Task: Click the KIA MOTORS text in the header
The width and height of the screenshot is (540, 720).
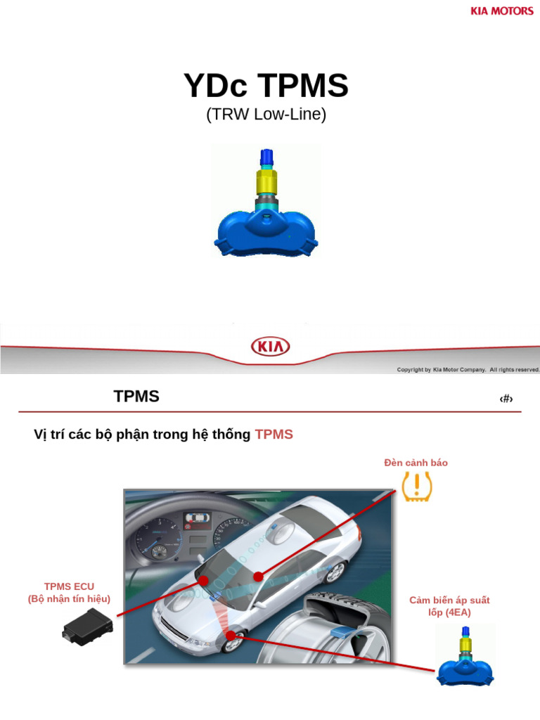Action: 501,11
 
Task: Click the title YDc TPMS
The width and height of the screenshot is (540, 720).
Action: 266,86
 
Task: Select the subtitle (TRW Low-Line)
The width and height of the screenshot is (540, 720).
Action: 266,115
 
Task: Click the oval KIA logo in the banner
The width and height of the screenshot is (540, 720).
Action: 270,347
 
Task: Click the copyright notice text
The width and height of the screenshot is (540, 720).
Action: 468,369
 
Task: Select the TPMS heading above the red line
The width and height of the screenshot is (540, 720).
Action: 136,397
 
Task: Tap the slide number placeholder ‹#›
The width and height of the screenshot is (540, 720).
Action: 506,399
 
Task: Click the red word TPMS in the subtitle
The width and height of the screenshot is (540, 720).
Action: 274,435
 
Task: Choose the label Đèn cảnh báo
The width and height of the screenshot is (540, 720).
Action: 416,463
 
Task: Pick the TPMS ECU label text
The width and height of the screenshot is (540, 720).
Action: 69,592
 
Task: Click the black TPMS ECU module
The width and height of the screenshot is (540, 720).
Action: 86,626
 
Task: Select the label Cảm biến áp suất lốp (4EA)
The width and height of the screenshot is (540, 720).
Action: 449,606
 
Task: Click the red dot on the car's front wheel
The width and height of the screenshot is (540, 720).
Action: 230,636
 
